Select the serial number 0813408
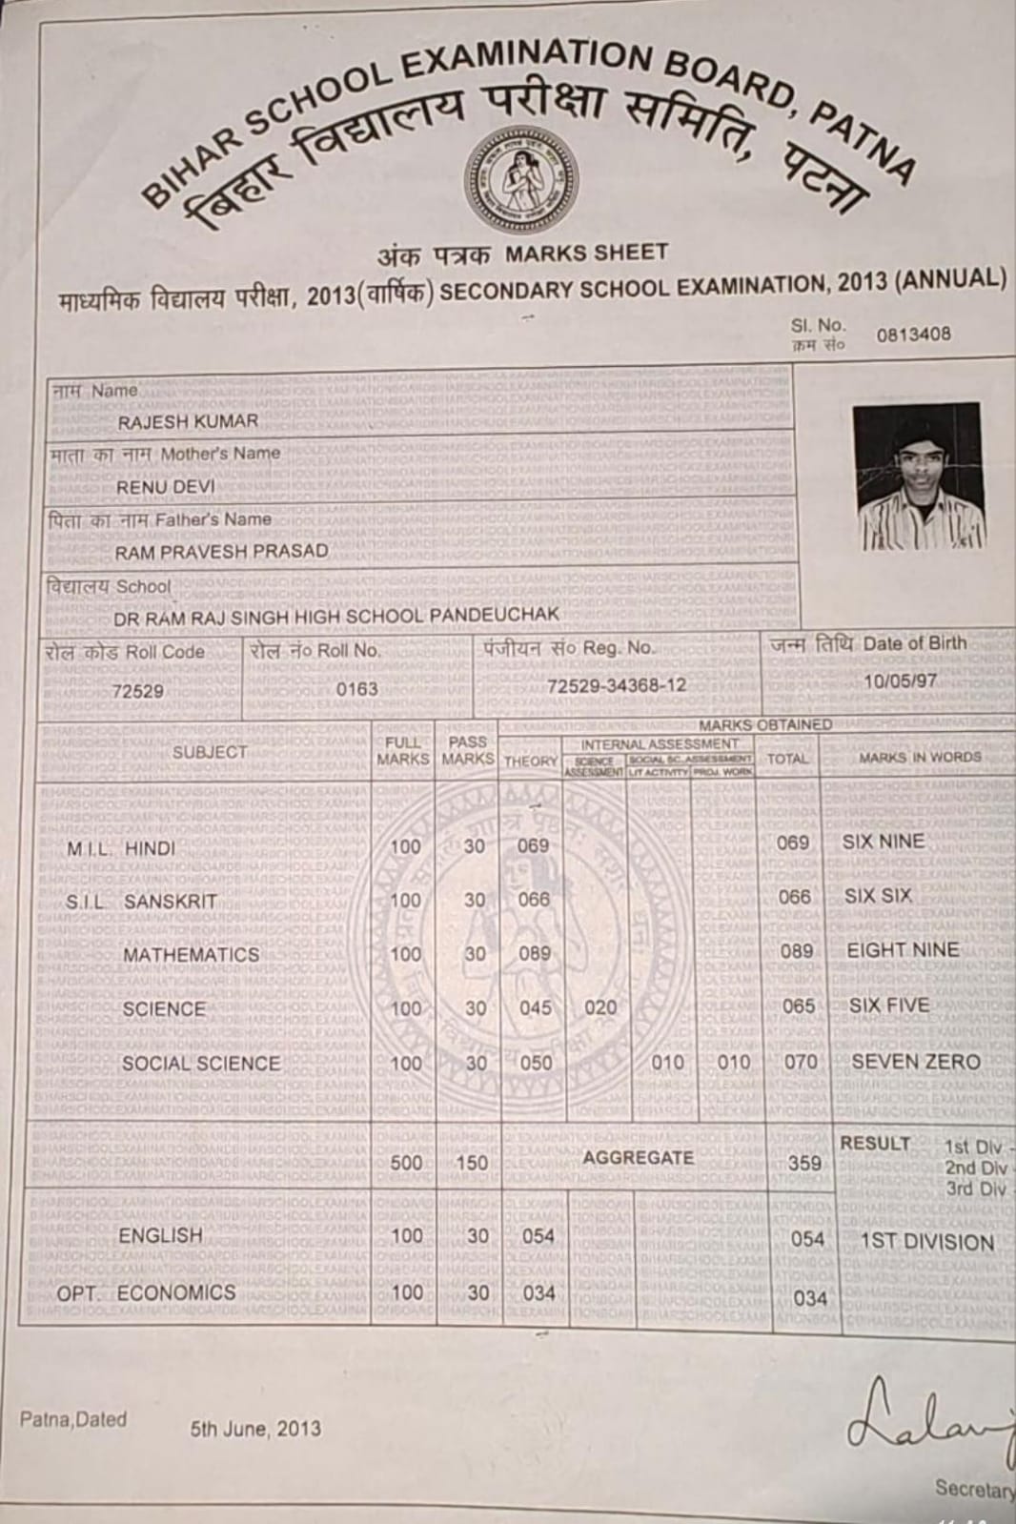pos(913,335)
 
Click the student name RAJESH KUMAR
pos(188,421)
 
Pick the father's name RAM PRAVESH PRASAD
pos(221,551)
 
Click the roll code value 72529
pos(138,691)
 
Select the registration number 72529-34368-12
pos(617,686)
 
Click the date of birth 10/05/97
pos(900,681)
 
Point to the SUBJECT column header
pos(210,752)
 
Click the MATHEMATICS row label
pos(191,954)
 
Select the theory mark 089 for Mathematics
pos(535,953)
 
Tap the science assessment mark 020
pos(600,1007)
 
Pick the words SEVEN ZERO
pos(916,1062)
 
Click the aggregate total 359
pos(805,1163)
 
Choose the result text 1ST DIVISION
pos(927,1242)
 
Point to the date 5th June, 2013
pos(255,1429)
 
